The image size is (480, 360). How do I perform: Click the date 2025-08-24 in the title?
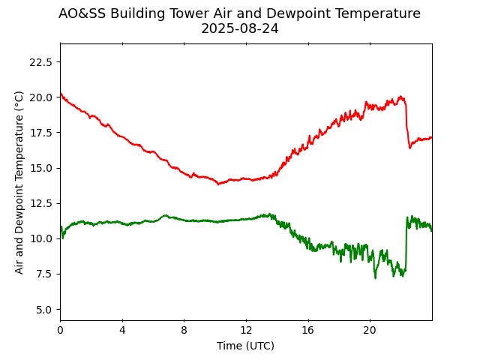tap(239, 28)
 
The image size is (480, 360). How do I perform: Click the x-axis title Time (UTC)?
tap(245, 346)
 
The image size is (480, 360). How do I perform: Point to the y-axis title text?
tap(19, 182)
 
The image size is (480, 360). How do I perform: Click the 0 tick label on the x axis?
tap(60, 331)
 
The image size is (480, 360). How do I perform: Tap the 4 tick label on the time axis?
tap(122, 331)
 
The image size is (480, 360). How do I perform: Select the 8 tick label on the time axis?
tap(184, 331)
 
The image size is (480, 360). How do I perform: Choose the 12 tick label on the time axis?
tap(246, 331)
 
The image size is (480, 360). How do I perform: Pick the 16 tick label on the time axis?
tap(307, 331)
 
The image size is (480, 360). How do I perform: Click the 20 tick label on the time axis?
tap(370, 331)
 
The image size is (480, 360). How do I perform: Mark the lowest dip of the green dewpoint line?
tap(376, 277)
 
